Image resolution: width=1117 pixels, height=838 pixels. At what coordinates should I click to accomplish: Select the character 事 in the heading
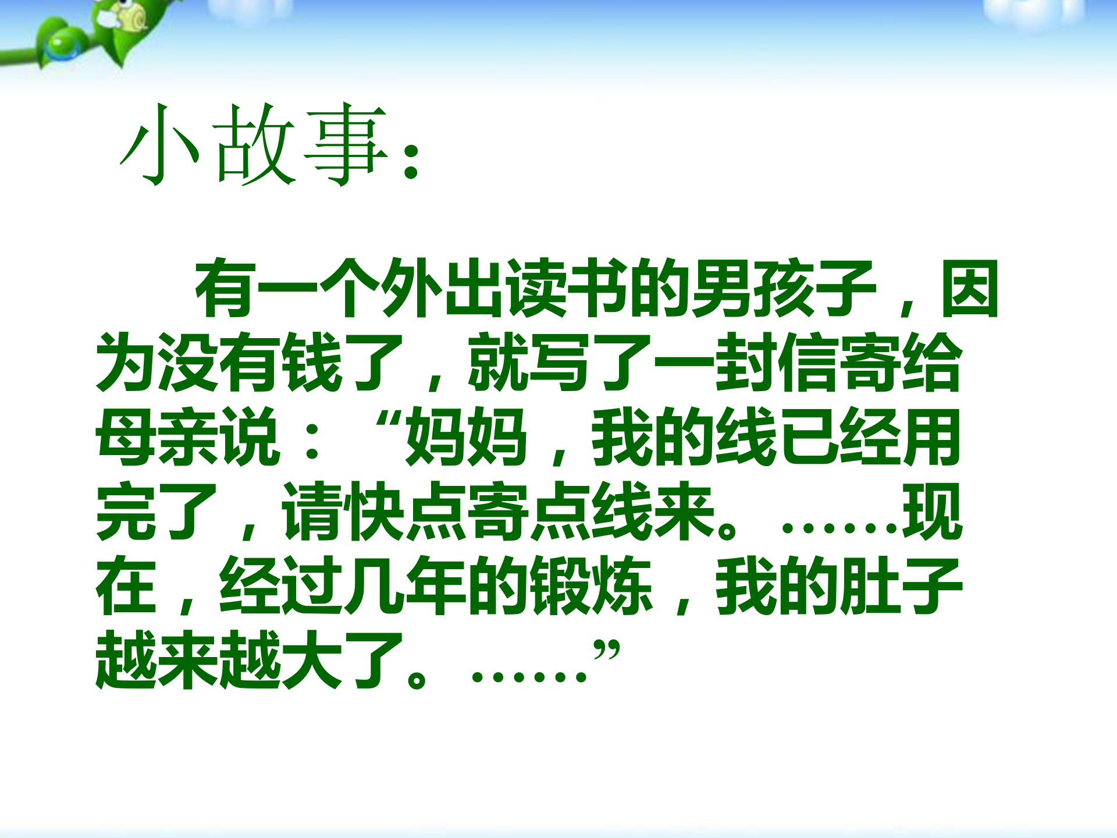(346, 144)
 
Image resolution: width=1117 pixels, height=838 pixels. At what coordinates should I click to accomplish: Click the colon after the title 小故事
(412, 160)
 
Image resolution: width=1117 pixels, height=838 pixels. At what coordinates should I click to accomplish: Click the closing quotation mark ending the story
(607, 651)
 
